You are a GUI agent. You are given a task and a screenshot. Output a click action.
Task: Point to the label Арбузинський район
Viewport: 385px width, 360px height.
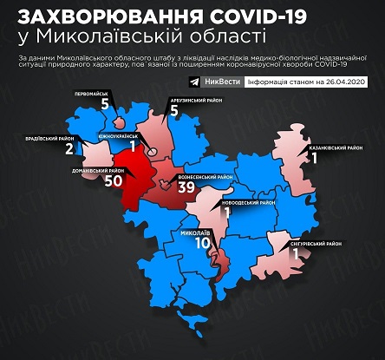pos(195,101)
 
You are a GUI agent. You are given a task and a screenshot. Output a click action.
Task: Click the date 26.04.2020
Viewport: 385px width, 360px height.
pos(347,82)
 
